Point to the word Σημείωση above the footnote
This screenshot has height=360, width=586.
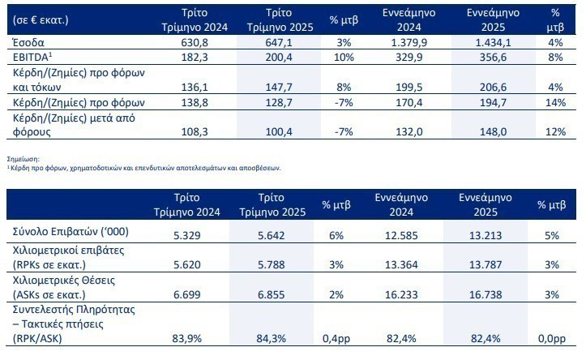pyautogui.click(x=21, y=161)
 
